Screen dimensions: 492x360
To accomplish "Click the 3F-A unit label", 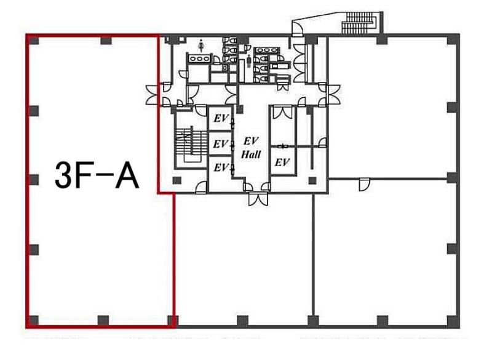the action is point(97,176).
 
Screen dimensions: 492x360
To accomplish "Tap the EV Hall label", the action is point(251,148).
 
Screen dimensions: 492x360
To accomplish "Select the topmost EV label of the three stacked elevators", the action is point(221,119).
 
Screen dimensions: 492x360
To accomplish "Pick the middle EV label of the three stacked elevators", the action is point(220,144).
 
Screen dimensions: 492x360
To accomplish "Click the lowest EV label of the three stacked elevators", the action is point(221,167).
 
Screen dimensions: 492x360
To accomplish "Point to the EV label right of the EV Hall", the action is point(282,162).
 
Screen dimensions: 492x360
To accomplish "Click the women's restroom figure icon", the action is point(201,46).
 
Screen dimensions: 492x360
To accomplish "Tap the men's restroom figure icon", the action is point(249,61).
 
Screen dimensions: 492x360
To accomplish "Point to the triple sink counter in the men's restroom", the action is point(266,50).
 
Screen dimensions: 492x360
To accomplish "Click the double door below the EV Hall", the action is point(258,199).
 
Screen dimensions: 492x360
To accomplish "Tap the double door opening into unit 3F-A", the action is point(151,95).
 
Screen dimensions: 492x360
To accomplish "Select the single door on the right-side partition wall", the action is point(364,184).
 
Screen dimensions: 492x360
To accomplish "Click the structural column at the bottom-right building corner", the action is point(453,321).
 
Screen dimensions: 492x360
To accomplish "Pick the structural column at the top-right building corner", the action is point(453,39).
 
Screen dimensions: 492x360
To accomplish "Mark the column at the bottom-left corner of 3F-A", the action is point(33,321).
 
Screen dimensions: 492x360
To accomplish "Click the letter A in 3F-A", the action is point(127,176).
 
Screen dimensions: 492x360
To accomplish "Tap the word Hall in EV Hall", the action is point(251,154).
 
